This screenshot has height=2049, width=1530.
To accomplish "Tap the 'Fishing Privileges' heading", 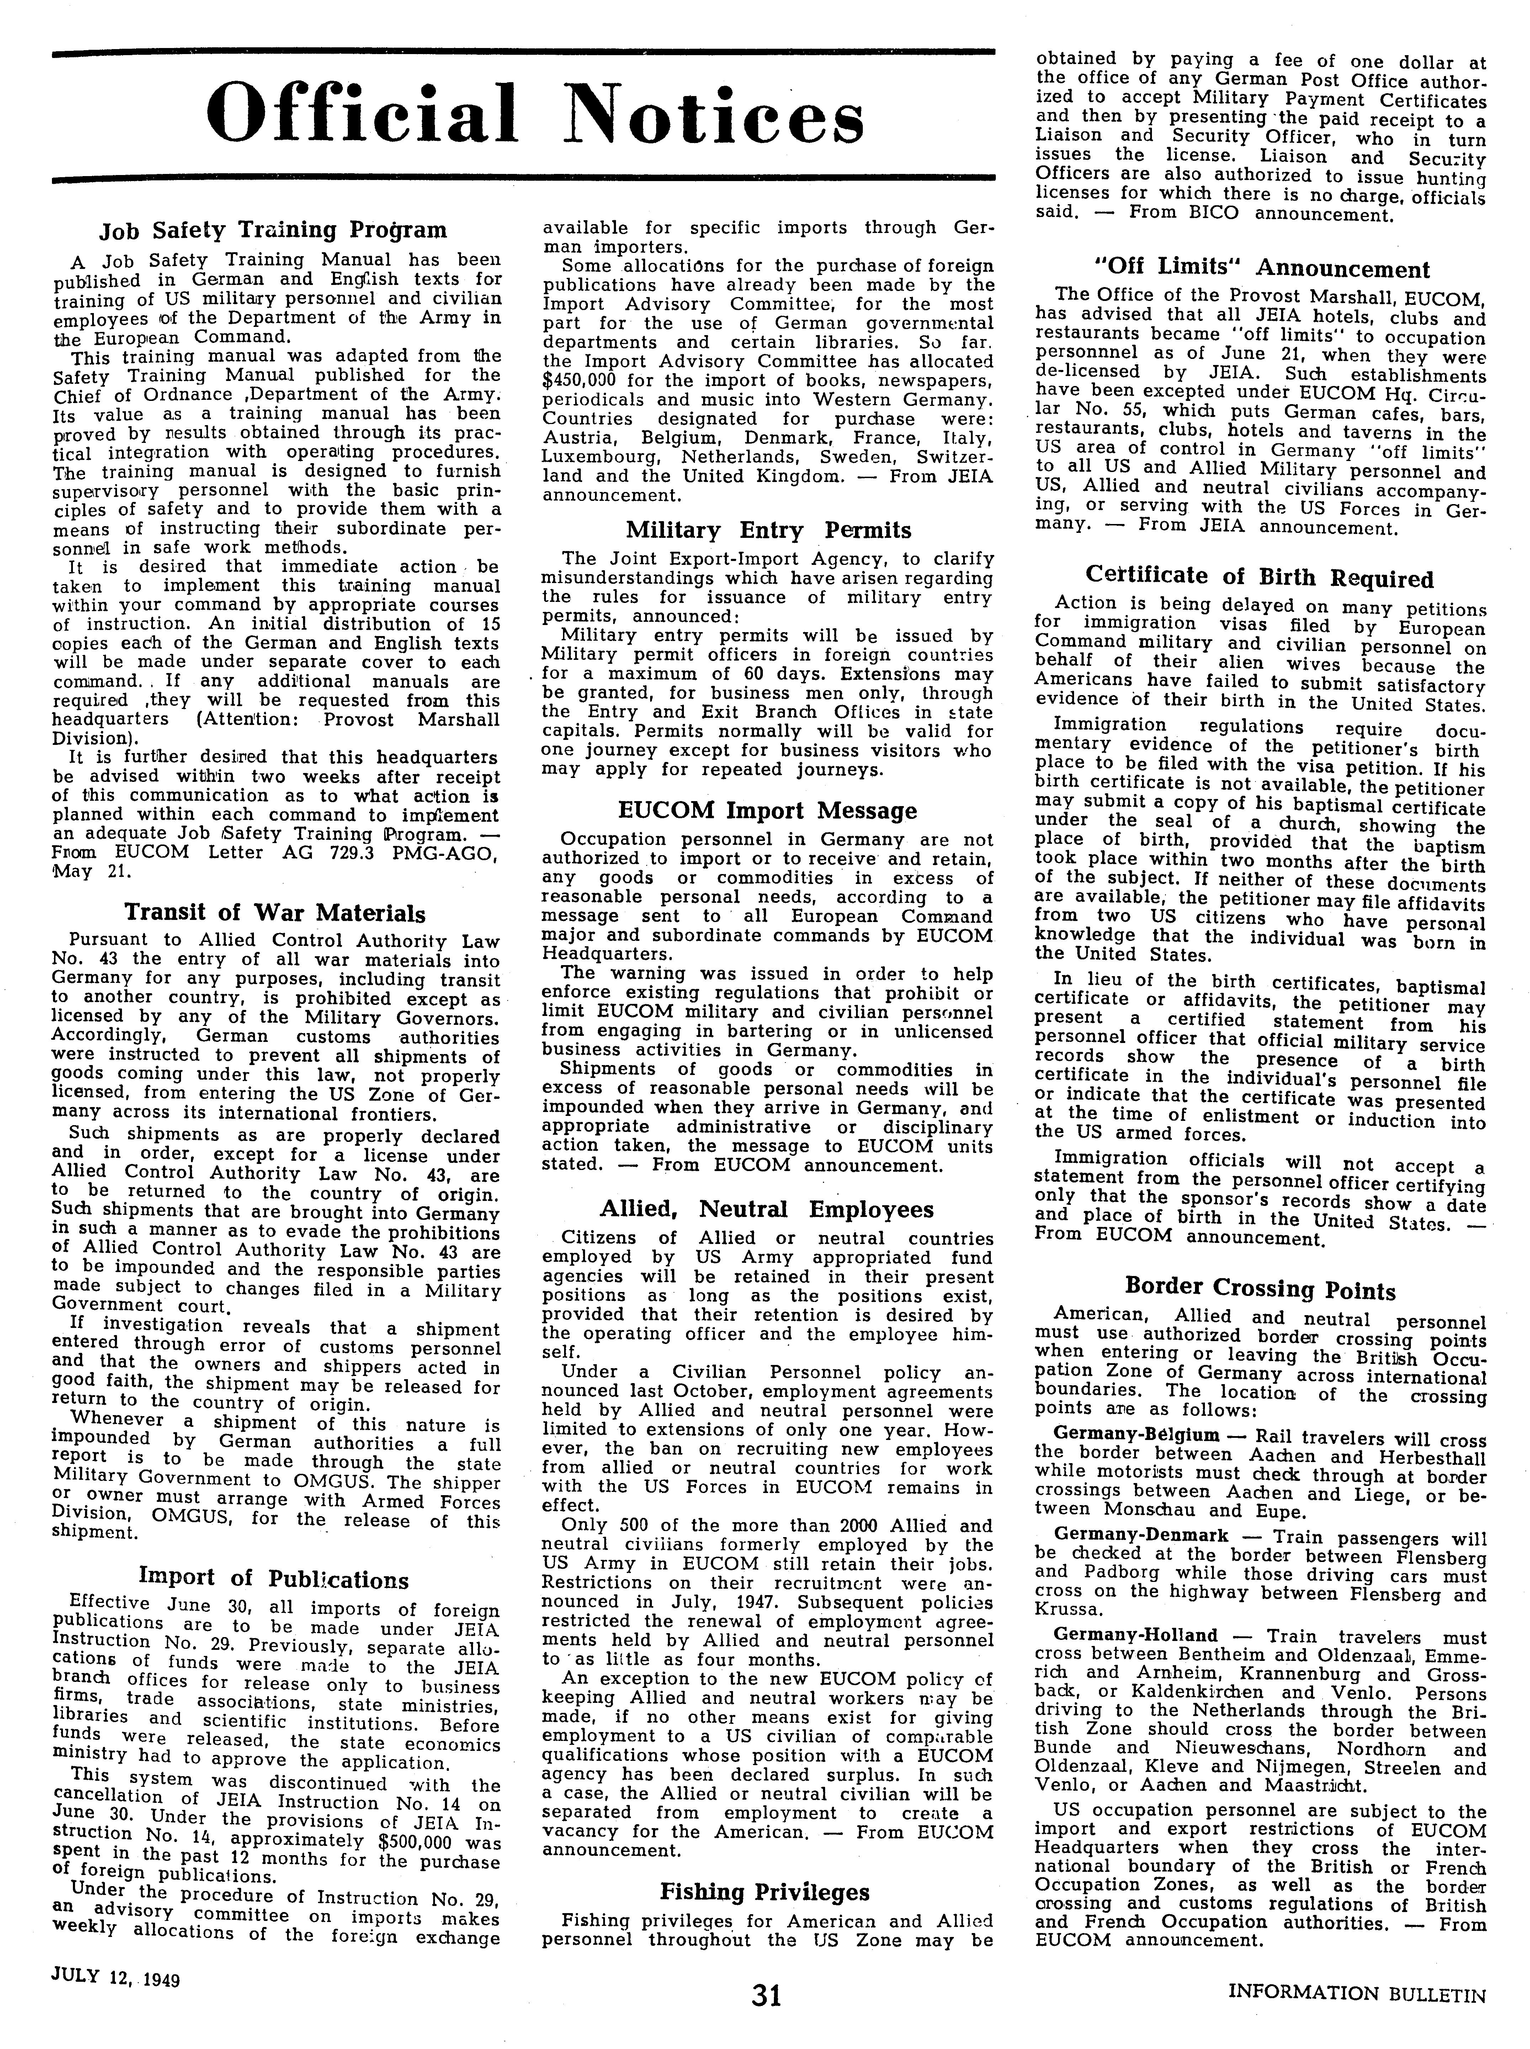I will click(x=765, y=1865).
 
